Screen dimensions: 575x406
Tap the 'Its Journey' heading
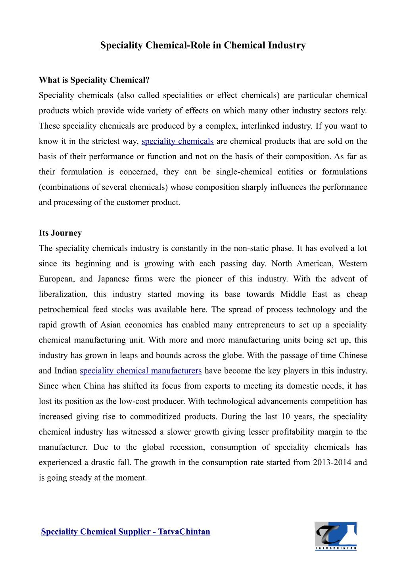coord(60,233)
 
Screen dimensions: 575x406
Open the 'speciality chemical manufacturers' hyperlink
coord(141,371)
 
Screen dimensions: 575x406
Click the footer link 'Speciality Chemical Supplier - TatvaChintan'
coord(126,531)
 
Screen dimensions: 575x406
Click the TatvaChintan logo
coord(335,536)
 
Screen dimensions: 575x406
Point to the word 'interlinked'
coord(260,126)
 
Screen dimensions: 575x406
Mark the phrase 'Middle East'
coord(304,294)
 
